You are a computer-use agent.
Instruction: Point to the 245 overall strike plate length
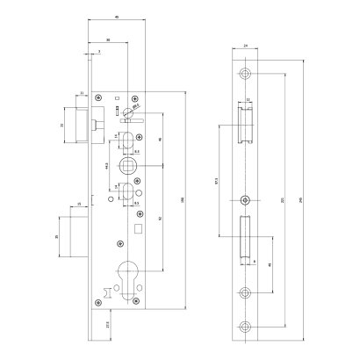point(302,200)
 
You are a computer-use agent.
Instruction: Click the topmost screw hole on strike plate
point(246,71)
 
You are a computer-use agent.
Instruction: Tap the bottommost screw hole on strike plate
point(246,328)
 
